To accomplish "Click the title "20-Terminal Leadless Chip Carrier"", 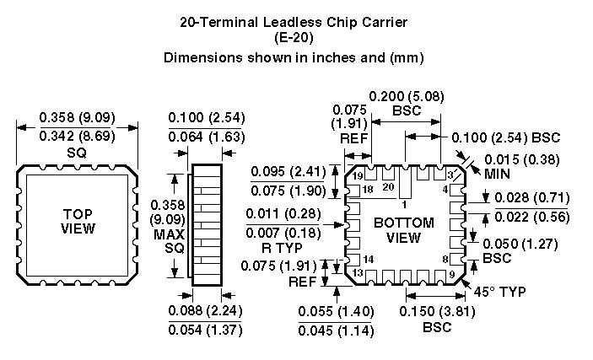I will point(294,22).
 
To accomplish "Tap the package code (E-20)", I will point(294,38).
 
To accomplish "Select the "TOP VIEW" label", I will point(78,222).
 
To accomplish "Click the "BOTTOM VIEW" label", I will point(403,230).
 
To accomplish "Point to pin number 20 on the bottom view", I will point(389,185).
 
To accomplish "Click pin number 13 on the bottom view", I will point(358,273).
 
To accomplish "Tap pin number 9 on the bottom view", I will point(451,273).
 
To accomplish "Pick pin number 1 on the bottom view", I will point(404,203).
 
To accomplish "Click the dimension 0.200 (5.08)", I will point(407,97).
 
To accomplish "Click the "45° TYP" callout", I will point(501,292).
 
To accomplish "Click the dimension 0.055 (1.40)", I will point(337,311).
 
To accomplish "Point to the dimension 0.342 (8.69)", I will point(77,136).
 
